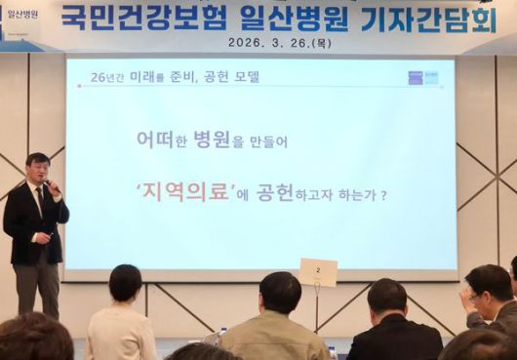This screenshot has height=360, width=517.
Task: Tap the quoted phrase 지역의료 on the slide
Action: (187, 193)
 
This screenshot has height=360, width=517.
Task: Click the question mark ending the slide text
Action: (384, 195)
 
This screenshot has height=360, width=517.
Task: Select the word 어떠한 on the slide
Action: (161, 140)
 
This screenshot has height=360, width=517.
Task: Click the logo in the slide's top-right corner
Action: (423, 77)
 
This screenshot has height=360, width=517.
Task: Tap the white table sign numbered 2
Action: (317, 272)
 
